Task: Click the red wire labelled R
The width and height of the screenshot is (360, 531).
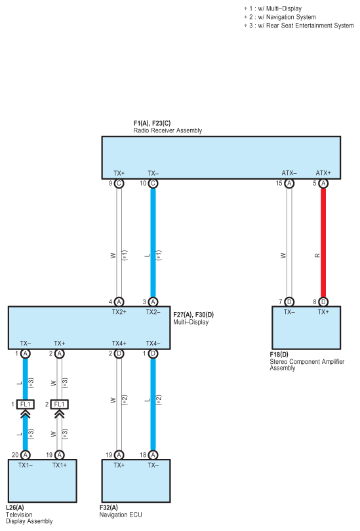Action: [x=323, y=243]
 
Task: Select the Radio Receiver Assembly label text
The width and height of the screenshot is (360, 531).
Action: [x=168, y=130]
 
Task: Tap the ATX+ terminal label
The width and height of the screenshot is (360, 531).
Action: [x=323, y=173]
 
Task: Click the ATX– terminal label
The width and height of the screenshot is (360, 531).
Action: [x=289, y=173]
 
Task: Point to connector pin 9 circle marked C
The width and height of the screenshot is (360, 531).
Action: [x=119, y=184]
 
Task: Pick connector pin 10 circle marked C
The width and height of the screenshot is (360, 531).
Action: [x=153, y=184]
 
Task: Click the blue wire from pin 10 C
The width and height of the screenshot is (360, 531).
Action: [x=153, y=243]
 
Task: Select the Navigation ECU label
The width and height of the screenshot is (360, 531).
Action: [x=121, y=515]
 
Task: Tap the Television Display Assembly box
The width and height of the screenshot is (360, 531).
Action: [x=43, y=481]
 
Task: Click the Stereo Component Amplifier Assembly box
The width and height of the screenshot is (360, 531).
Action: [x=306, y=328]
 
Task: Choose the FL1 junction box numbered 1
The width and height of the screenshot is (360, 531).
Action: [x=26, y=404]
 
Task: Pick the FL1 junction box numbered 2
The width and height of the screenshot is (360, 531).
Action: [x=59, y=404]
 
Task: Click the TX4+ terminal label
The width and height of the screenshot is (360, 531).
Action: [x=119, y=344]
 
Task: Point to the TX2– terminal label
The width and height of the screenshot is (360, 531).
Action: [x=153, y=312]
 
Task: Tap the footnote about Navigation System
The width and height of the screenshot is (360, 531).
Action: [x=280, y=17]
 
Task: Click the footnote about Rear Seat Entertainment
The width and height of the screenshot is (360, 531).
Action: [x=299, y=26]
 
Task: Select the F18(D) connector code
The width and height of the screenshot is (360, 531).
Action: [x=279, y=355]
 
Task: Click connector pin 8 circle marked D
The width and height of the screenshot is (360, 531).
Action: [x=323, y=302]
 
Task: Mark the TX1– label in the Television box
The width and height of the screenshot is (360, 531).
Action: [x=26, y=465]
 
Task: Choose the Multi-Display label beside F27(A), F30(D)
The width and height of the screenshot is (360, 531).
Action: [x=191, y=322]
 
